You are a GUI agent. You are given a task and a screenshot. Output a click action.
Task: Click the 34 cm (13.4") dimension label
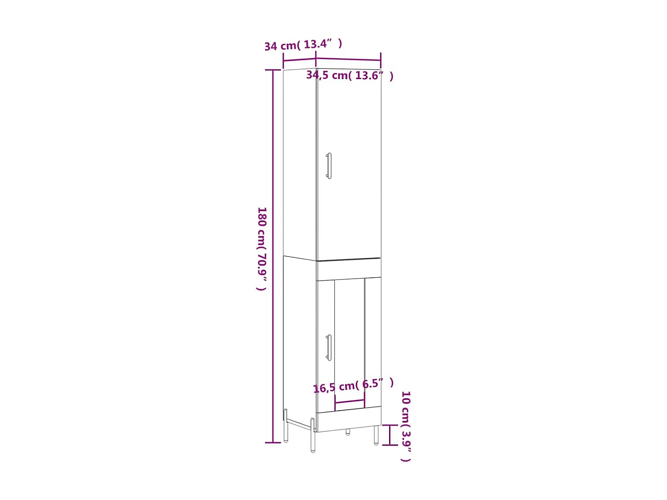pos(303,44)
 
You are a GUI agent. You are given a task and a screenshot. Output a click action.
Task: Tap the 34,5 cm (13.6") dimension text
pos(350,76)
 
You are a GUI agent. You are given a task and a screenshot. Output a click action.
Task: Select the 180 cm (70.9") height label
pos(262,248)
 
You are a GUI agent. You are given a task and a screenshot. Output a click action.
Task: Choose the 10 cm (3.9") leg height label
pos(406,426)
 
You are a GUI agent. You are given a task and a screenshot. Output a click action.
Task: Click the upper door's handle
pos(329,166)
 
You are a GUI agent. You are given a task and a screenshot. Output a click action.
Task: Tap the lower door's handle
pos(329,347)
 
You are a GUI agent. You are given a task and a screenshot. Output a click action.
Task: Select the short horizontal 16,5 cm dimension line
pos(350,402)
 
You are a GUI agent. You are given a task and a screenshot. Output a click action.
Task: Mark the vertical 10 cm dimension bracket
pos(390,435)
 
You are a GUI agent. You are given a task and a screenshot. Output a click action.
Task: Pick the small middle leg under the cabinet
pos(348,432)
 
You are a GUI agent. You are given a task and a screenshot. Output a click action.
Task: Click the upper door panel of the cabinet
pos(349,169)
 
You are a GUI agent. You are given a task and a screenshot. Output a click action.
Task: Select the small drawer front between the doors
pos(349,270)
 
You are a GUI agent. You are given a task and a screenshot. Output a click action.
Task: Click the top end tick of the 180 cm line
pos(273,70)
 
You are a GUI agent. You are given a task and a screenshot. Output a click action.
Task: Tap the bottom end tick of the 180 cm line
pos(273,443)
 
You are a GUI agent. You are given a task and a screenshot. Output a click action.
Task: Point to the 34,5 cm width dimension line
pos(348,59)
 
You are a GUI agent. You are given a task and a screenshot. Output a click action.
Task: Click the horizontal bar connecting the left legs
pos(299,424)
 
